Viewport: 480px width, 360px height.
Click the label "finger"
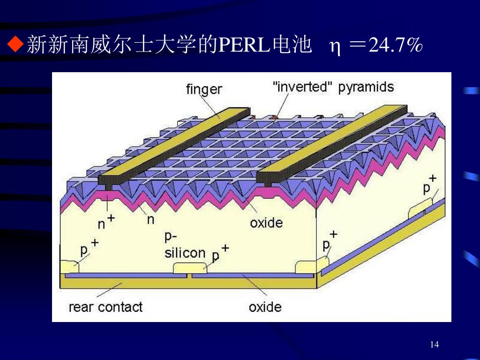[204, 89]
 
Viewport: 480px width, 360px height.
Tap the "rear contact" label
[105, 307]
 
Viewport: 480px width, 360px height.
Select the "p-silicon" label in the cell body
[185, 245]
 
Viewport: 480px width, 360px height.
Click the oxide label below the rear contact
[265, 307]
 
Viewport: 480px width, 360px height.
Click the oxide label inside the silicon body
[266, 222]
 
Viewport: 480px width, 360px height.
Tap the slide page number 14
[434, 345]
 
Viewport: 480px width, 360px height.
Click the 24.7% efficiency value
[396, 45]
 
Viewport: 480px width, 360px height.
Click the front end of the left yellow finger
[109, 179]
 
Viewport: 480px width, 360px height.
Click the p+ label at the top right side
[429, 184]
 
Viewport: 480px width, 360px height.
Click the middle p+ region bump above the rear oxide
[190, 268]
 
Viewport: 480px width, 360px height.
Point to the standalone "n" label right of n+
[150, 219]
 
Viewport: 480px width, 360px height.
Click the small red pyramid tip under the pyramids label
[275, 115]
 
